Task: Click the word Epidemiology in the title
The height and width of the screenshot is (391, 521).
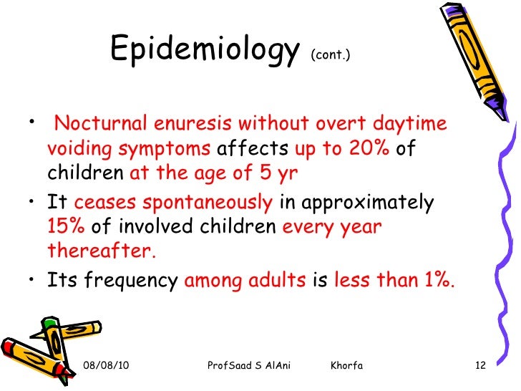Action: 204,51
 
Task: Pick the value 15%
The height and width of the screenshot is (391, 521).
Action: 67,228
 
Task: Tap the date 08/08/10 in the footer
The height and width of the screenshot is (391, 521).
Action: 107,367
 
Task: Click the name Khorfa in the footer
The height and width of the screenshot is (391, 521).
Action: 347,367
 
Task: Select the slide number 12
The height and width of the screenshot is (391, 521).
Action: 480,367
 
